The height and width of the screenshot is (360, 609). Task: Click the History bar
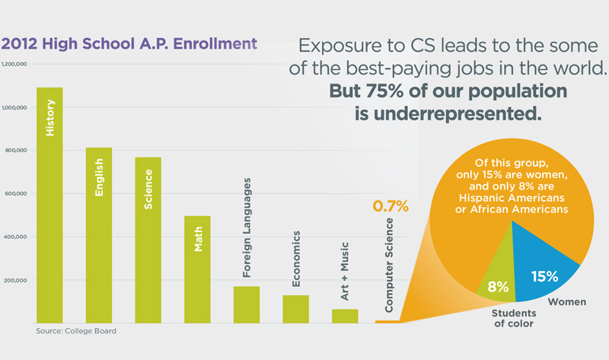pyautogui.click(x=49, y=205)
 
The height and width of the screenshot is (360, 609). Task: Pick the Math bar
pyautogui.click(x=197, y=270)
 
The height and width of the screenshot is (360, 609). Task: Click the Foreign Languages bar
pyautogui.click(x=247, y=304)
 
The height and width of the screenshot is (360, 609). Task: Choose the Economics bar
pyautogui.click(x=295, y=308)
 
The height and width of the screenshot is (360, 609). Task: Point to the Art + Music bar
pyautogui.click(x=345, y=315)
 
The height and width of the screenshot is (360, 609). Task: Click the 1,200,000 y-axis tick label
pyautogui.click(x=15, y=65)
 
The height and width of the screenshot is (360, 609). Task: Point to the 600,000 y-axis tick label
pyautogui.click(x=15, y=194)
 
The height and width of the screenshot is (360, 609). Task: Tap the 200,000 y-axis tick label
pyautogui.click(x=15, y=281)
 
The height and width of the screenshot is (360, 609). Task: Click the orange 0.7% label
pyautogui.click(x=391, y=206)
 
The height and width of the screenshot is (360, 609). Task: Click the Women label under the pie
pyautogui.click(x=568, y=302)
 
